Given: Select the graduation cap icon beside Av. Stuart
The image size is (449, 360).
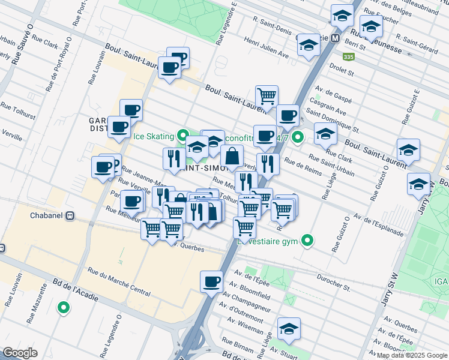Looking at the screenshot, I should pos(289,328).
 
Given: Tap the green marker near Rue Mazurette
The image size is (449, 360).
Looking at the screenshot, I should pos(62,308).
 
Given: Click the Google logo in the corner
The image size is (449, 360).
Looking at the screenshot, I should pos(20,353).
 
